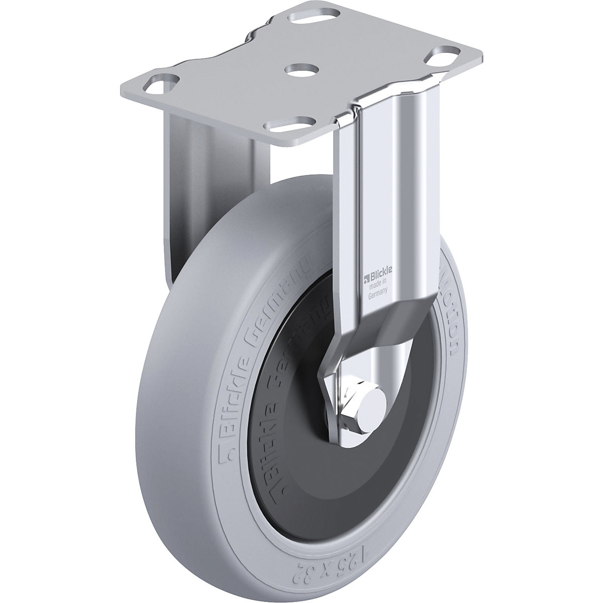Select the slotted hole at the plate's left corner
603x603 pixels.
[x=164, y=81]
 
